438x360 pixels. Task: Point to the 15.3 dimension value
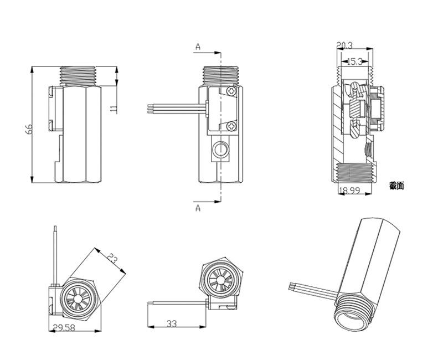pyautogui.click(x=354, y=61)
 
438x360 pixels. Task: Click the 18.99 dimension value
pyautogui.click(x=349, y=190)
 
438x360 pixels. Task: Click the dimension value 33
pyautogui.click(x=172, y=323)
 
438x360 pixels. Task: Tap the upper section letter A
pyautogui.click(x=198, y=47)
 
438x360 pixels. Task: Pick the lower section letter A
pyautogui.click(x=198, y=208)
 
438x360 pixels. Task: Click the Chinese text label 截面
pyautogui.click(x=396, y=186)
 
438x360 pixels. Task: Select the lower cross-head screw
pyautogui.click(x=231, y=127)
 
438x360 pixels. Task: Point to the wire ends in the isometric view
pyautogui.click(x=292, y=287)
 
